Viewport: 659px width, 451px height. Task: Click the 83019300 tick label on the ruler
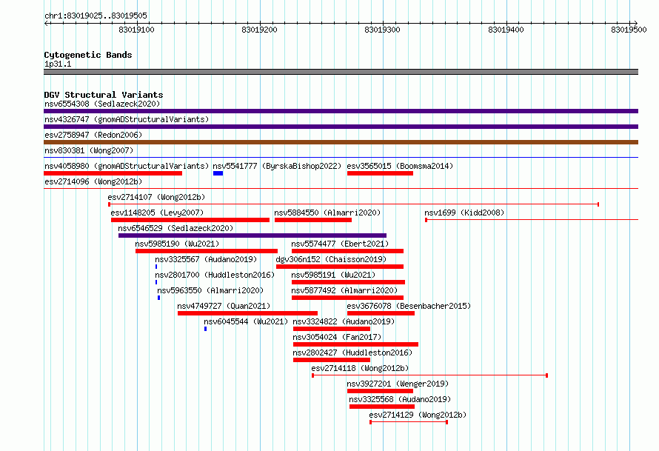[x=383, y=30]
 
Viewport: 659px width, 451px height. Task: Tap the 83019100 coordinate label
[x=136, y=30]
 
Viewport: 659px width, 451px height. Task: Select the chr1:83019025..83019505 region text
[x=96, y=16]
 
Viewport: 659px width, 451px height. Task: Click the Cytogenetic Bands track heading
[x=88, y=55]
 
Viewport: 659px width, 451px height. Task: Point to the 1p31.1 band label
[x=58, y=64]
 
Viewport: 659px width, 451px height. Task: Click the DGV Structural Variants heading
[x=104, y=95]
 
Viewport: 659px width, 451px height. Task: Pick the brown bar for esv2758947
[x=341, y=142]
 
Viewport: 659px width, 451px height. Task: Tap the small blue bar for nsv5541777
[x=218, y=173]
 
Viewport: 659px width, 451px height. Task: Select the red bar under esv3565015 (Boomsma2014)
[x=381, y=173]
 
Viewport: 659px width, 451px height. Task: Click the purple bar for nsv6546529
[x=252, y=235]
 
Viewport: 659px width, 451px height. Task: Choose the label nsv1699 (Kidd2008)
[x=464, y=213]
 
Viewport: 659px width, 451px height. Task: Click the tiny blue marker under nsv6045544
[x=206, y=329]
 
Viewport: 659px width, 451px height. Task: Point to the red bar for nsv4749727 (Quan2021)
[x=247, y=313]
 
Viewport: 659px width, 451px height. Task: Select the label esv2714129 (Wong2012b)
[x=418, y=415]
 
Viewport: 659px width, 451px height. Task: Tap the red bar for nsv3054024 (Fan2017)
[x=355, y=344]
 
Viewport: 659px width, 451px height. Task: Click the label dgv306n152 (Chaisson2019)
[x=331, y=259]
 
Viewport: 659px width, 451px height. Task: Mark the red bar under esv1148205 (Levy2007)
[x=190, y=220]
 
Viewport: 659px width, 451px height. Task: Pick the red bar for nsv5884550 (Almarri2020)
[x=313, y=220]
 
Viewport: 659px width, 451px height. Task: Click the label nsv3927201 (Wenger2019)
[x=398, y=384]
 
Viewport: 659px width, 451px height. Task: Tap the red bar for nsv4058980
[x=113, y=173]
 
